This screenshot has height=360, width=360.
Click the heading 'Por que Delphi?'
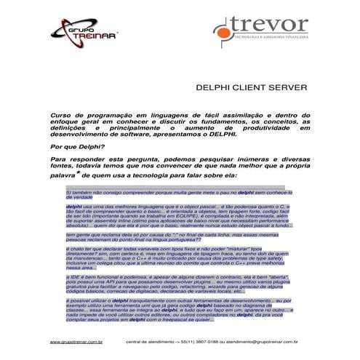77,146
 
